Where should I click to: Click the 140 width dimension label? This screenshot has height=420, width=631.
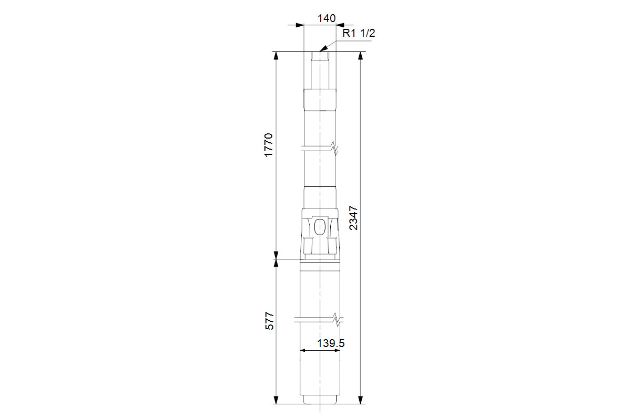coord(327,18)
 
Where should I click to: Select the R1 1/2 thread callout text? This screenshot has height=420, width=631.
coord(359,33)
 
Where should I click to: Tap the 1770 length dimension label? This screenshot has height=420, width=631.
coord(269,145)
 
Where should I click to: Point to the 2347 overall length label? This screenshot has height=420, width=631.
coord(353,218)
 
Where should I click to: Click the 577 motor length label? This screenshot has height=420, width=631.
coord(270,321)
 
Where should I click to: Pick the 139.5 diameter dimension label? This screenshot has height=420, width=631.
coord(331,343)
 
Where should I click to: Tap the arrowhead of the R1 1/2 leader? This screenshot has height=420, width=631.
coord(323,49)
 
